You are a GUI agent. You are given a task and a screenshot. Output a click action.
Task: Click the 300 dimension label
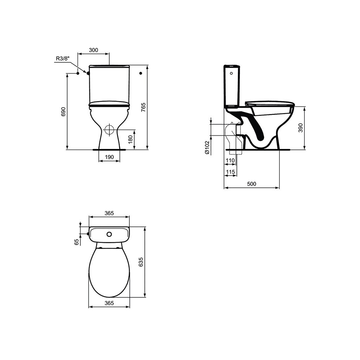click(x=94, y=50)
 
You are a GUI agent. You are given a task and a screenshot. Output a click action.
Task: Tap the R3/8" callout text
click(x=63, y=59)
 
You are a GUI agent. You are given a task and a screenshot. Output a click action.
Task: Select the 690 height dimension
click(x=64, y=111)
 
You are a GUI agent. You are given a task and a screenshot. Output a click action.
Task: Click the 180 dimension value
click(x=130, y=140)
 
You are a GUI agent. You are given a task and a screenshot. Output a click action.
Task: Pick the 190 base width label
click(x=109, y=157)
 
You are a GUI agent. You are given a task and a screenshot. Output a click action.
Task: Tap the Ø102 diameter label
click(x=207, y=147)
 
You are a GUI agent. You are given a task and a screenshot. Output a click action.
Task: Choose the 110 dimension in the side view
click(x=230, y=160)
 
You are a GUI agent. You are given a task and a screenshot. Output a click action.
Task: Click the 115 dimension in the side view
click(x=230, y=172)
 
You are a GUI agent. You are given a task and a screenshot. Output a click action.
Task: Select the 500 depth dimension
click(x=252, y=184)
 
